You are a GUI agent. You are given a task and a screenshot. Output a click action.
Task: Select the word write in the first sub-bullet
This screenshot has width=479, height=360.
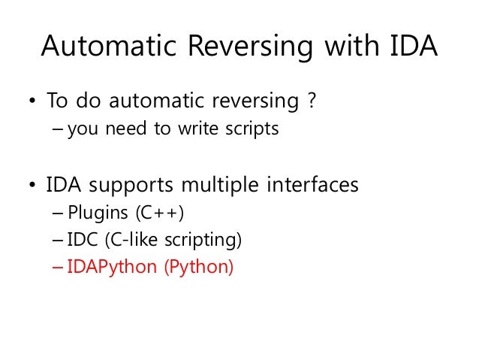point(195,130)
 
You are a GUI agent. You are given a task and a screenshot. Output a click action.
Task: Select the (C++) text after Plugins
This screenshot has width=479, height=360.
point(158,214)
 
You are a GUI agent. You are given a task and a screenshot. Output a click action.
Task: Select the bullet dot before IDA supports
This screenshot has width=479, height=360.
point(31,185)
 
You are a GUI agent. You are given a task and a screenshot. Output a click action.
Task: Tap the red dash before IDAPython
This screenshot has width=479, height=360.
point(59,267)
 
